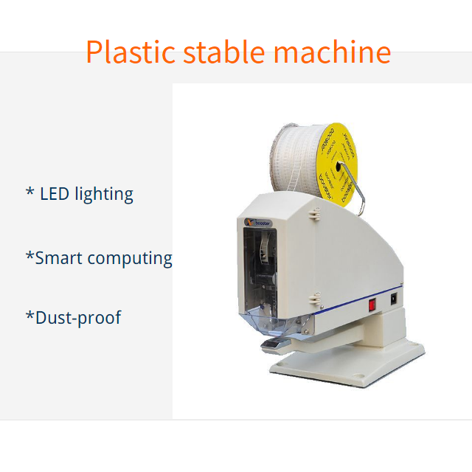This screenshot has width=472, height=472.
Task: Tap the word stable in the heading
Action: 225,52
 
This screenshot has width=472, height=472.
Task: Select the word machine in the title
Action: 332,52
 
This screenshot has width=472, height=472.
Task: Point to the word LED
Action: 55,194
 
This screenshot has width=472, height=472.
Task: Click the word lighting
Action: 104,195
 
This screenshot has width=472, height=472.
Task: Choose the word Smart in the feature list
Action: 59,258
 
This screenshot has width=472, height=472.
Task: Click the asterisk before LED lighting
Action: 29,193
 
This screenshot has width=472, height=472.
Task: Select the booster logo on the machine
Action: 257,222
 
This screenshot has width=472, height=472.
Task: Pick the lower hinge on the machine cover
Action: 315,298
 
